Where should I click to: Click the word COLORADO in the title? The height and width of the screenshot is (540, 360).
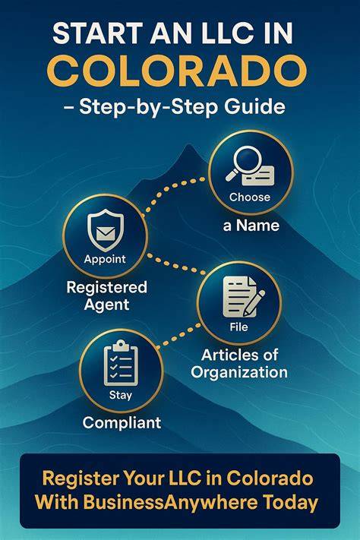point(177,71)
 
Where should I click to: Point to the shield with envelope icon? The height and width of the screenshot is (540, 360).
point(106,230)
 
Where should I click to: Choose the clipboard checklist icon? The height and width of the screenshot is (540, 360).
point(121,362)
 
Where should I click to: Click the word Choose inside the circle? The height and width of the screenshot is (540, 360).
point(250,197)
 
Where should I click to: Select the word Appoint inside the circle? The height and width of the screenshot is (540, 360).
point(105,259)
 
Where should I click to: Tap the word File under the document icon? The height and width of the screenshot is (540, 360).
point(238,327)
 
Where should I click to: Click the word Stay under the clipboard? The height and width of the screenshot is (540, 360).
point(121,395)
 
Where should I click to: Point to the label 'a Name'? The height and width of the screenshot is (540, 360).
point(251,226)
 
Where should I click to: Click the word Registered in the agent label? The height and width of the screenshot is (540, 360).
point(107,288)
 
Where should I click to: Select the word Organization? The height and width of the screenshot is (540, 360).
point(239,372)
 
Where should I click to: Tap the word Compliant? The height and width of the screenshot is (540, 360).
point(122,423)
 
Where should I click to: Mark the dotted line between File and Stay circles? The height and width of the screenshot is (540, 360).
point(178,335)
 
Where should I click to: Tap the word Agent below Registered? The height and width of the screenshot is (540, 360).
point(107,305)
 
